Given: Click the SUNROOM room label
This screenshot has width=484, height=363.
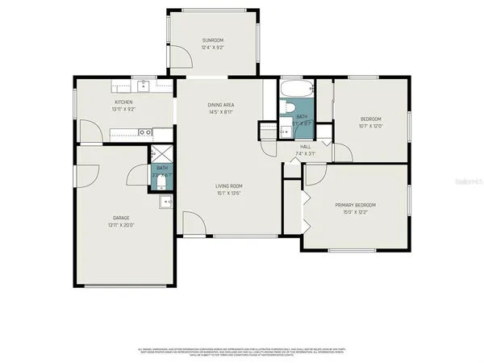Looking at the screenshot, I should (x=213, y=40).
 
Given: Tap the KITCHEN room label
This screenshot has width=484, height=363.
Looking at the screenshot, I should (x=123, y=102).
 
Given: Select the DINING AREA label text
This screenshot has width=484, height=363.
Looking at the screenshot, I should (x=221, y=105).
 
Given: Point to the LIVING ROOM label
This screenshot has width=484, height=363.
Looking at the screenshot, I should (x=229, y=186).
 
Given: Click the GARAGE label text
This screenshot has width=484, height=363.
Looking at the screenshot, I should (x=121, y=218).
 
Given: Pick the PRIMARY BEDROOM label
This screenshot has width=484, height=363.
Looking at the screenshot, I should (x=356, y=205).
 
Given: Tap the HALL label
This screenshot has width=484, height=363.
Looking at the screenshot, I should (x=306, y=147).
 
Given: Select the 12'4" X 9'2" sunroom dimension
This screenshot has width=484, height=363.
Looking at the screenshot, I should (x=213, y=48).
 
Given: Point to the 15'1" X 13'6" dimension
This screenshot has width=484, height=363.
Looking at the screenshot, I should (x=229, y=194).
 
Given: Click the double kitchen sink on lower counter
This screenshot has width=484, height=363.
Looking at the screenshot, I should (x=144, y=132).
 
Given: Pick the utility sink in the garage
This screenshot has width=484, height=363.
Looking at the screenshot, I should (x=165, y=202).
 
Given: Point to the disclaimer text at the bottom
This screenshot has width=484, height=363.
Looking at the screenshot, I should (x=242, y=352).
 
